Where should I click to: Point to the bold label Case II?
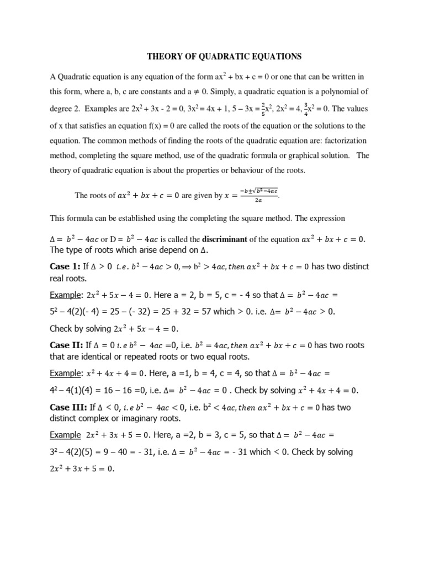[67, 345]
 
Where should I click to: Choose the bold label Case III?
[68, 408]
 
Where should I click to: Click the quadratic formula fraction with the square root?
[258, 195]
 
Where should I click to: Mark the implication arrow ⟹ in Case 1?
[201, 267]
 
